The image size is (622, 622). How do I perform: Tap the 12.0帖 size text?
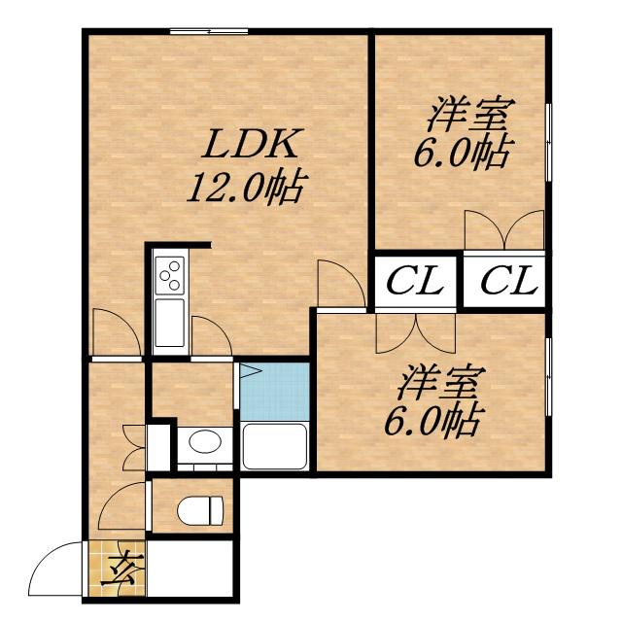pyautogui.click(x=242, y=186)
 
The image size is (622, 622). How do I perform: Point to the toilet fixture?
pyautogui.click(x=202, y=508)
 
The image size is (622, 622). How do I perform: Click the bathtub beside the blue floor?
pyautogui.click(x=274, y=446)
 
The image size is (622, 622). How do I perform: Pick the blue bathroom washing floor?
pyautogui.click(x=274, y=391)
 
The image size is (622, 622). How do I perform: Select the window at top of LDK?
pyautogui.click(x=209, y=32)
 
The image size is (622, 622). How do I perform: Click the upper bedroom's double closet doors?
pyautogui.click(x=503, y=231)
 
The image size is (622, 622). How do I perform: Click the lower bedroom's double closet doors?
pyautogui.click(x=416, y=332)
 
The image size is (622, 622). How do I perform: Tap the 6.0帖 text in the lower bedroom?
pyautogui.click(x=439, y=421)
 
